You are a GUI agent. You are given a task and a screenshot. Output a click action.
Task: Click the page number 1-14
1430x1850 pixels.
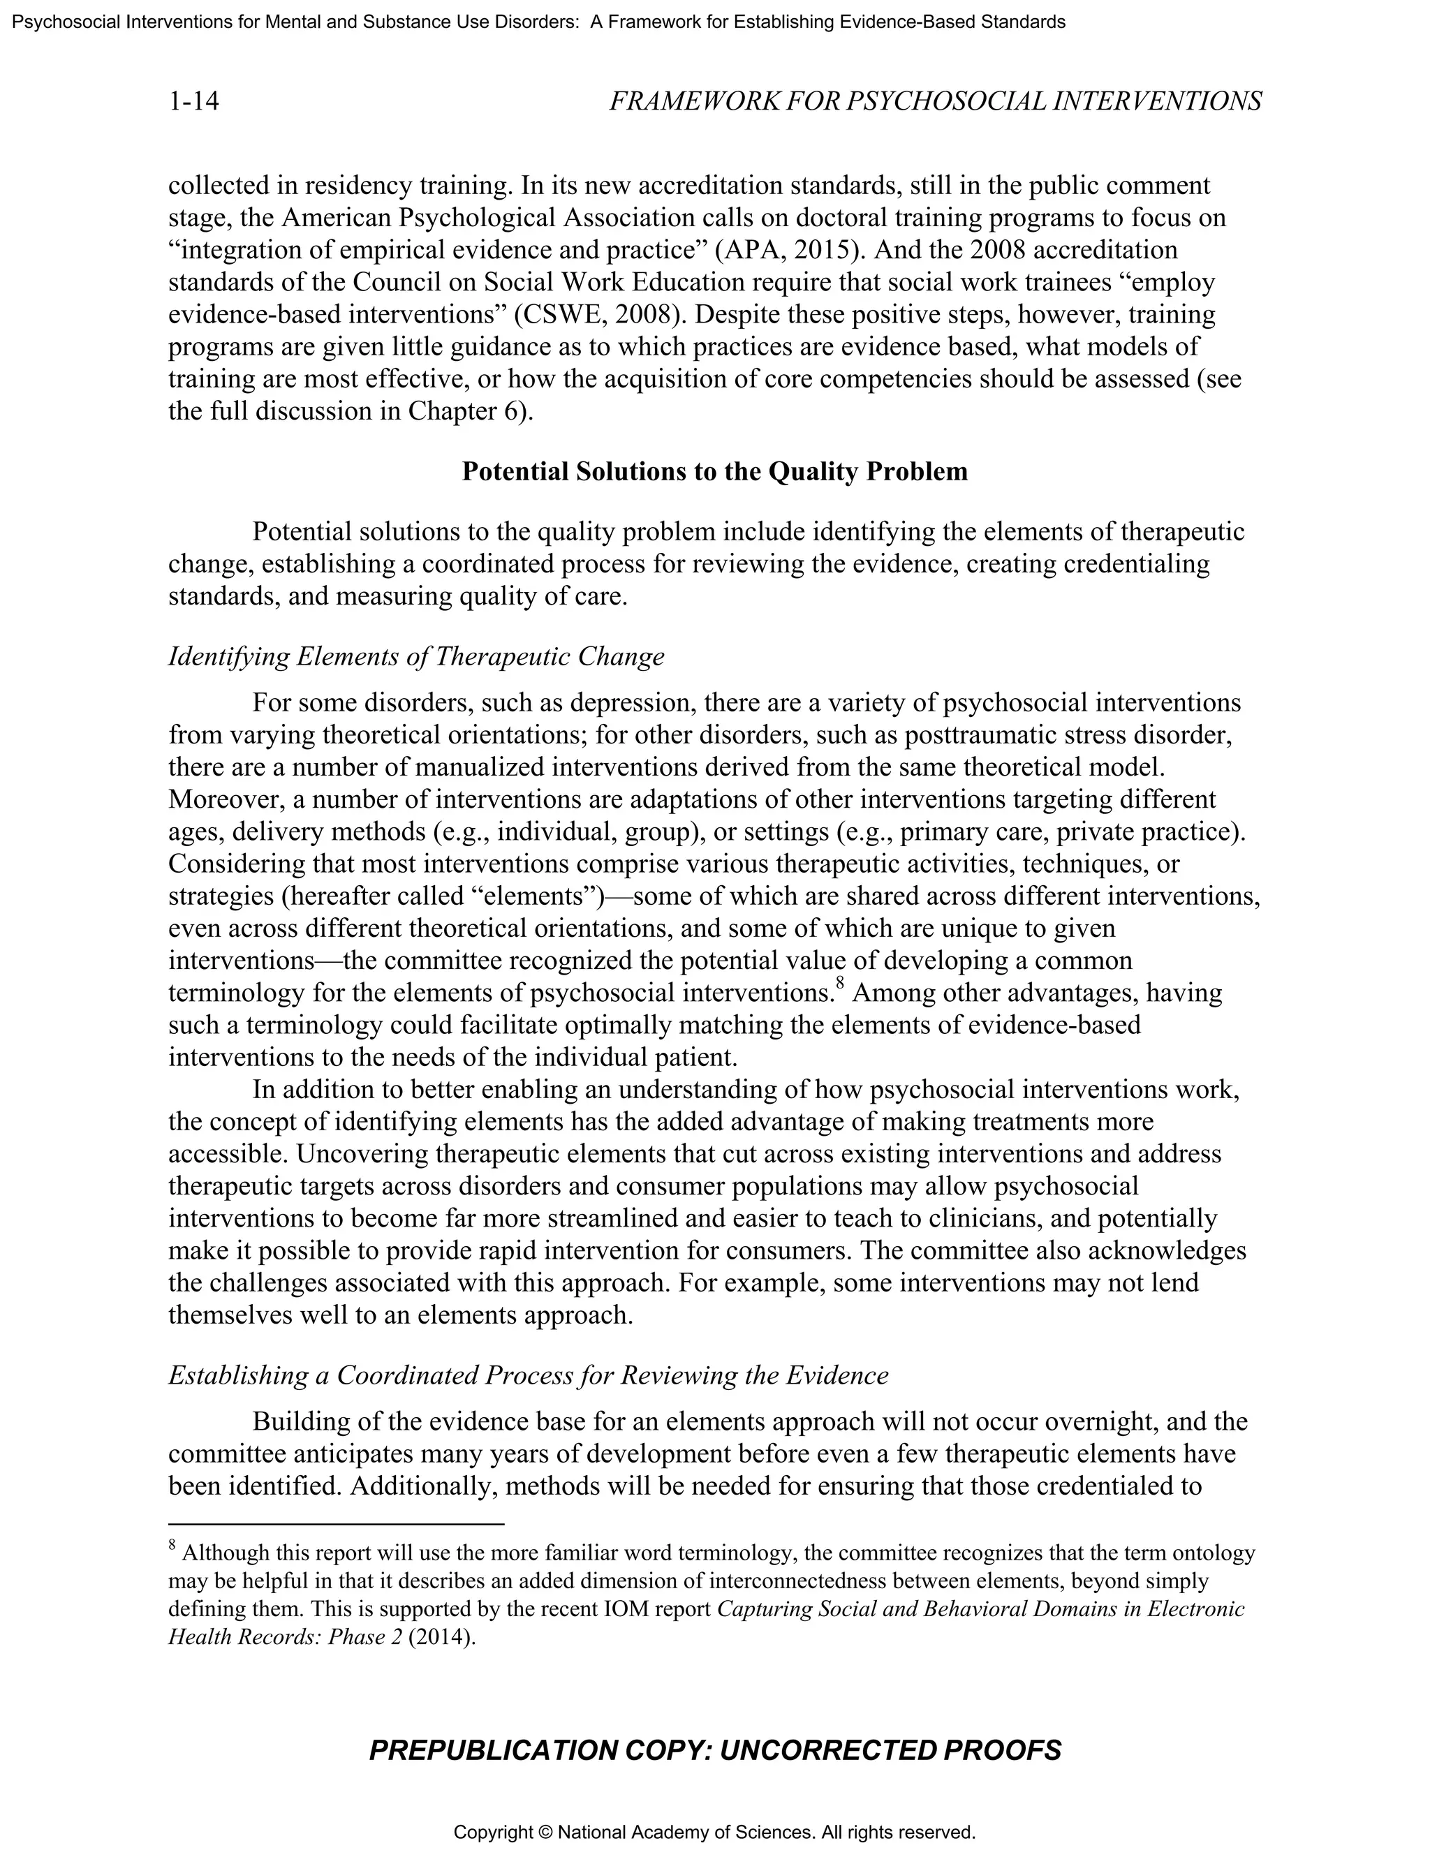(x=194, y=102)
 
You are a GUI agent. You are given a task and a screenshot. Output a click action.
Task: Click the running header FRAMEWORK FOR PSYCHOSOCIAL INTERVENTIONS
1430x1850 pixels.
(x=935, y=102)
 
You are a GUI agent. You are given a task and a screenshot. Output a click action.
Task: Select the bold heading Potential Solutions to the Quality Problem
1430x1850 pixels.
(x=714, y=472)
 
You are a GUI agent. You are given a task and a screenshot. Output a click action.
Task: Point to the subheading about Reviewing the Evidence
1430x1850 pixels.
(x=528, y=1375)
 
